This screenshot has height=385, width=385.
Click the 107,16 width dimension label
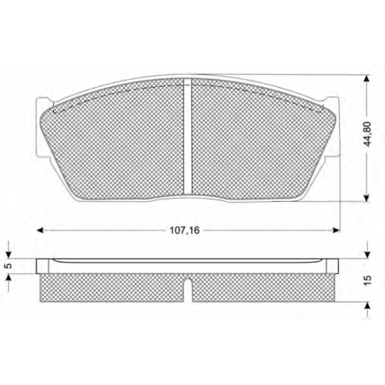185,230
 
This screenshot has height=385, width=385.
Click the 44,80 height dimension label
368,134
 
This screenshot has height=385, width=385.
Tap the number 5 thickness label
9,266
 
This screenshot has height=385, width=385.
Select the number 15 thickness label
368,280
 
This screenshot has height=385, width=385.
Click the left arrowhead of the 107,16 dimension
39,230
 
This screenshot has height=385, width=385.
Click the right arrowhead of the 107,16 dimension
336,230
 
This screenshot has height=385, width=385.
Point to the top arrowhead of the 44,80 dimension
367,79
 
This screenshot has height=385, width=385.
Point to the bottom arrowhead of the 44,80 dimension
367,198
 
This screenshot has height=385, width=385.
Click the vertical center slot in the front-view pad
188,136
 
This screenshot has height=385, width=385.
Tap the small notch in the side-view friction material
188,283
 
